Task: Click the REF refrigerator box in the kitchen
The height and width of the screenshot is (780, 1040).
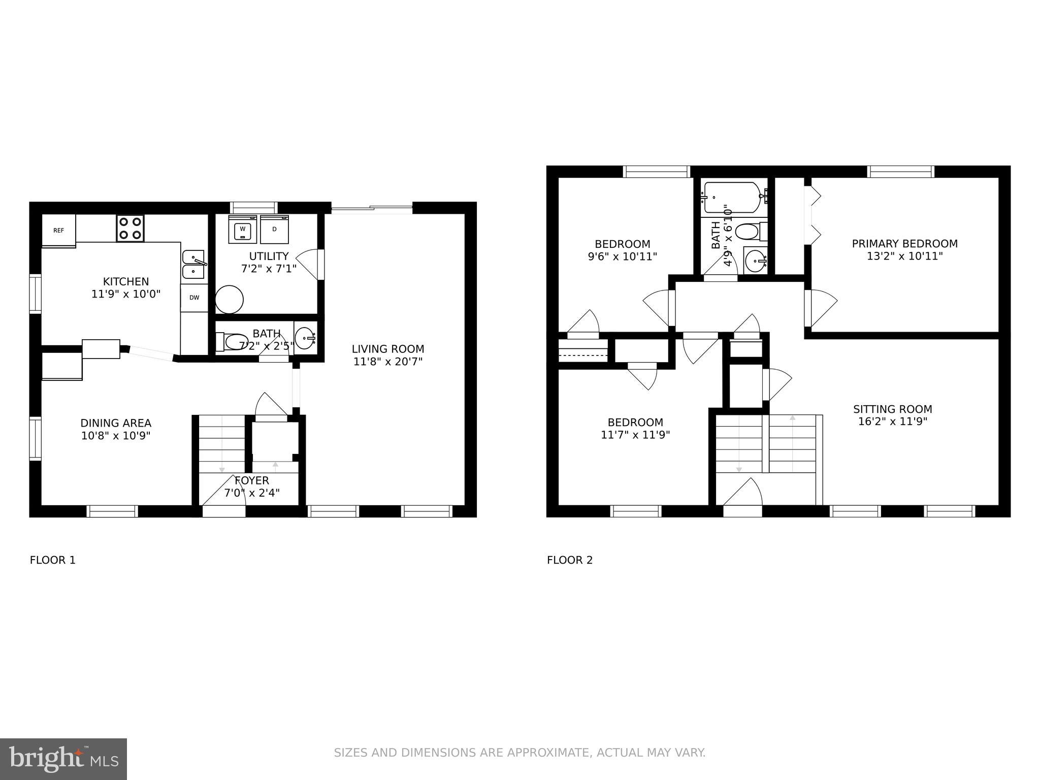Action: pos(58,230)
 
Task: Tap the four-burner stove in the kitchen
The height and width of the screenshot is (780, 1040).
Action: pos(130,229)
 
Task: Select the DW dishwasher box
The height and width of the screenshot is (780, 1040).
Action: pos(194,298)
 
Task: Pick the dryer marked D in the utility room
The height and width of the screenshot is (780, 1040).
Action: pos(274,230)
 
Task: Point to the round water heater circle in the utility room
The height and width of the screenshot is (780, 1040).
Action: pos(229,300)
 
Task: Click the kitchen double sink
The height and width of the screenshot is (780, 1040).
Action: pos(193,264)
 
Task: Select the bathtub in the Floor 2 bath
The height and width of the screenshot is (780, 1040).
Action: pos(733,197)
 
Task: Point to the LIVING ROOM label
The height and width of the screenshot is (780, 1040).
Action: pos(387,349)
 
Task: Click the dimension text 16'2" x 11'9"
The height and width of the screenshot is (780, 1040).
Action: pos(892,421)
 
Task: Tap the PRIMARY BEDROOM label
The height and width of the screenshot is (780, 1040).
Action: pos(904,244)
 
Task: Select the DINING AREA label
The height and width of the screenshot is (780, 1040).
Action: pos(116,423)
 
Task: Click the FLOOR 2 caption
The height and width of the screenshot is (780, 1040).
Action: pos(569,560)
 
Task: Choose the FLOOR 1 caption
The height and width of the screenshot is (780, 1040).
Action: pos(53,560)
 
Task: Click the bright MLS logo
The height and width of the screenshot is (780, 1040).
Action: pos(63,759)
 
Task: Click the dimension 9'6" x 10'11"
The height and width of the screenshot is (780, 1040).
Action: pos(622,257)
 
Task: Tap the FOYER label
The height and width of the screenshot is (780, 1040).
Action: pos(252,480)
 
